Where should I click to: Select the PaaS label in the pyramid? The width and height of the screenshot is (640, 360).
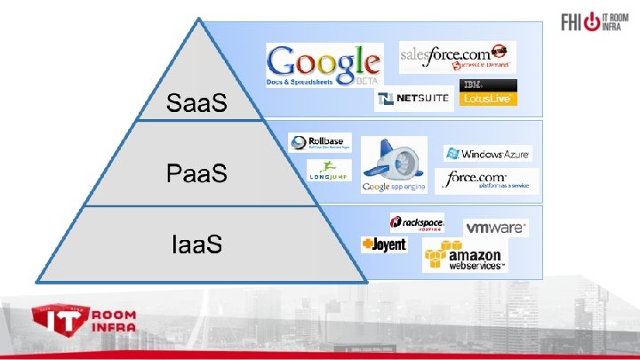[196, 172]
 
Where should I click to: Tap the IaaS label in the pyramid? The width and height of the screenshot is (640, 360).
[196, 242]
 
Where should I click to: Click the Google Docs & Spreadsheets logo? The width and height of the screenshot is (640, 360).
[324, 66]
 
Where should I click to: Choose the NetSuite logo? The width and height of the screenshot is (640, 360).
[413, 98]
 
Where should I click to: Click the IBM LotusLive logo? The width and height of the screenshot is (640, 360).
[486, 92]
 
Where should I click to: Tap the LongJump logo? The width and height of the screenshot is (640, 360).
[328, 170]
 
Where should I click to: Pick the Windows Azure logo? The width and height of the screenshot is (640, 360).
[488, 154]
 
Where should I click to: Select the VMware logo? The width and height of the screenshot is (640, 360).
[495, 228]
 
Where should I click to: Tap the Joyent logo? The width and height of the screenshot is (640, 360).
[384, 244]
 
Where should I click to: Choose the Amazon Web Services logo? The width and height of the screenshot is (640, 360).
[464, 255]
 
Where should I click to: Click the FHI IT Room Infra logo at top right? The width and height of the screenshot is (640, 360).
[591, 23]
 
